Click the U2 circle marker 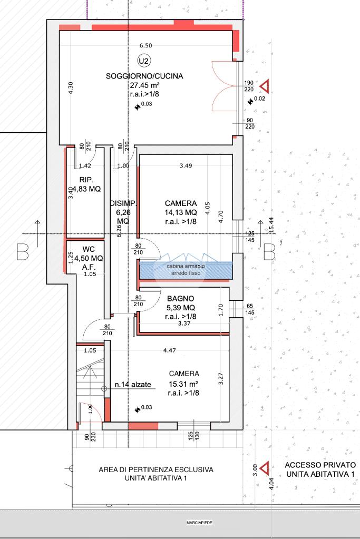[144, 61]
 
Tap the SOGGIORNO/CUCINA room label [144, 76]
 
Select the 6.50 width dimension [146, 45]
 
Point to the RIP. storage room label [86, 180]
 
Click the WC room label [89, 249]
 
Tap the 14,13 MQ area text [181, 212]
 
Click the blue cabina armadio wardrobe [186, 270]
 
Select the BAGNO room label [180, 299]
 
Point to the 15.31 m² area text [183, 384]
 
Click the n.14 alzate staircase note [133, 385]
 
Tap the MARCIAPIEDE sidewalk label [199, 523]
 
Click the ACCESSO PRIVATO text [320, 465]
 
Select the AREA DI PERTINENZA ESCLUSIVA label [156, 469]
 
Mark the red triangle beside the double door [265, 86]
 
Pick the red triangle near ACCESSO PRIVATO [265, 468]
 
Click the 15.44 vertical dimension [271, 225]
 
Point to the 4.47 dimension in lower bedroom [170, 350]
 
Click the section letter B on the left [23, 252]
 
